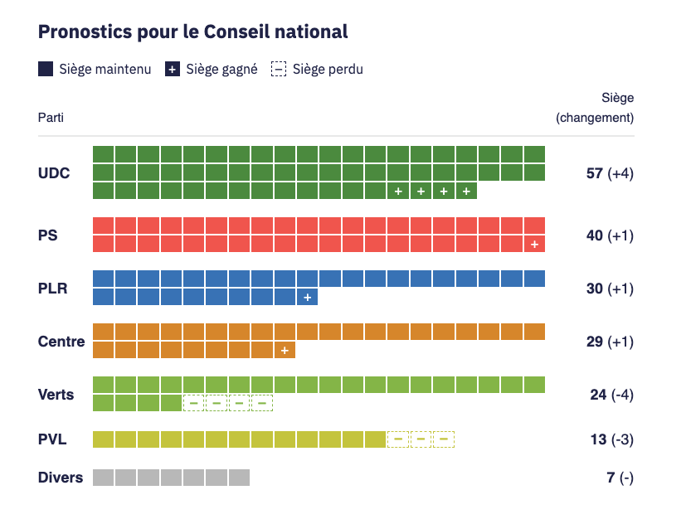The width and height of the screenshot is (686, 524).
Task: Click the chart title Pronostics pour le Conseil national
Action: pos(192,32)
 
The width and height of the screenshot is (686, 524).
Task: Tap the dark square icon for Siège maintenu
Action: pos(46,70)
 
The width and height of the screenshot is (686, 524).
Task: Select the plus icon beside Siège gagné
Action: pos(172,70)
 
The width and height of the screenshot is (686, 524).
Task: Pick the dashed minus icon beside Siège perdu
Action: pos(279,70)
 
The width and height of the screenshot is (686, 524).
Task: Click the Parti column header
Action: pos(51,118)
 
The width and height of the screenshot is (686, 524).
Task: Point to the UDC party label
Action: pos(54,173)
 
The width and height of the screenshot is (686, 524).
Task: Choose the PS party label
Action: pos(48,235)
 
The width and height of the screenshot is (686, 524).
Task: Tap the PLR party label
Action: pos(52,289)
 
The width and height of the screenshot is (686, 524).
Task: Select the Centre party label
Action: pos(61,342)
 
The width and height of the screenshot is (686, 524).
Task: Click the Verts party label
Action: pos(56,395)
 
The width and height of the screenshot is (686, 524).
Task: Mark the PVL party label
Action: pos(52,439)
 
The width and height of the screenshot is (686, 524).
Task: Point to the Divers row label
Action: pos(61,478)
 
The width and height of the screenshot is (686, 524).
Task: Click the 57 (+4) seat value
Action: pos(610,173)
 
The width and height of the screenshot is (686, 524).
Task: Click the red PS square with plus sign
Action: pos(535,244)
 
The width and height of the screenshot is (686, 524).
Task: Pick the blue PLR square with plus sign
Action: pos(307,297)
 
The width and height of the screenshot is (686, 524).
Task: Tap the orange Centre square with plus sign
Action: pos(285,350)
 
